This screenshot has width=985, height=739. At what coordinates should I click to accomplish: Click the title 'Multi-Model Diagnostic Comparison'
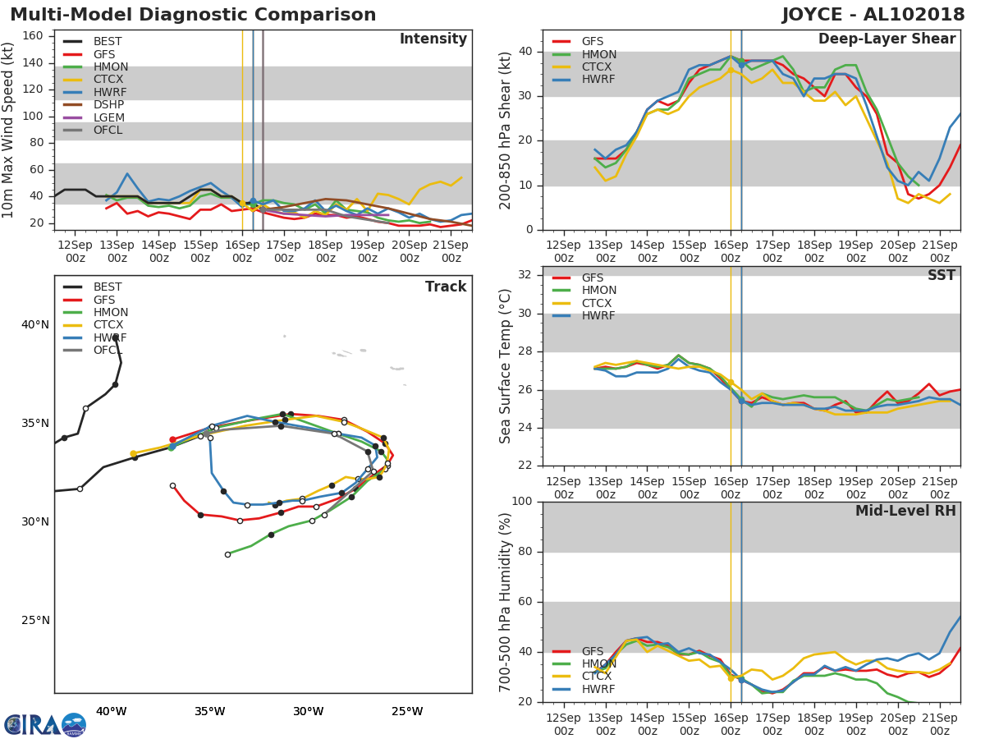(193, 15)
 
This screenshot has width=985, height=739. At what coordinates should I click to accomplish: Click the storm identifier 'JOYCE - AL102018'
(873, 15)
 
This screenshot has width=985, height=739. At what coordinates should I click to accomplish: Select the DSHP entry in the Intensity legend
(108, 104)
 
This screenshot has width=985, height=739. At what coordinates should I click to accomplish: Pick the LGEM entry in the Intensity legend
(108, 117)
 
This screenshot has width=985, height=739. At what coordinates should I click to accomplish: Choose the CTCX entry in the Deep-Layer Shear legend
(598, 67)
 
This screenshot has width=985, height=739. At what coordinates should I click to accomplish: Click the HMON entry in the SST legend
(598, 291)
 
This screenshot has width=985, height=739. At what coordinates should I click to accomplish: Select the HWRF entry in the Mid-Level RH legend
(598, 689)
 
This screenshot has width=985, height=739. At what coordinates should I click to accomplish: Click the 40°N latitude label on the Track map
(35, 324)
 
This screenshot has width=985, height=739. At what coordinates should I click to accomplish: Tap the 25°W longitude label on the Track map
(407, 711)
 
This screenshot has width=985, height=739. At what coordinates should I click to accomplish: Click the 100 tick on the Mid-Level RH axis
(520, 502)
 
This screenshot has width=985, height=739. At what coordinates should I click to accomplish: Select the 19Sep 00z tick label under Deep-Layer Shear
(855, 251)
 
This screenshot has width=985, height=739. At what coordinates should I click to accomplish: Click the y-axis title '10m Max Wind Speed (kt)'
(9, 129)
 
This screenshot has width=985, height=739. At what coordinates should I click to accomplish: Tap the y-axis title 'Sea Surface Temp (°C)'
(506, 366)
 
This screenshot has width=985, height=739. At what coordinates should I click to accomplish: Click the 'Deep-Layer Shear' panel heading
(886, 39)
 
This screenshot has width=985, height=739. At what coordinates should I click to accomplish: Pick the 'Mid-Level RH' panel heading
(905, 511)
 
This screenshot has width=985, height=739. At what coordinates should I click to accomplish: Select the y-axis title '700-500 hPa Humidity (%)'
(506, 602)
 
